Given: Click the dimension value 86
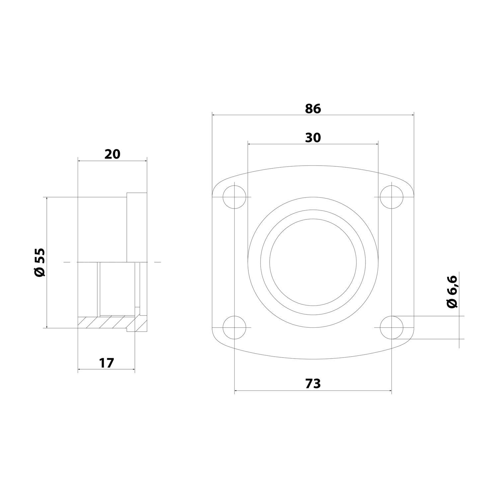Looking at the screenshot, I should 313,109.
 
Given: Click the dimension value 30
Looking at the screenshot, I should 313,137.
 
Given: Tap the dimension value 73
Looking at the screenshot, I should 313,383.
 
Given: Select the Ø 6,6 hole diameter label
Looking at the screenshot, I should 452,292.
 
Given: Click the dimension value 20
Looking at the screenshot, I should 112,154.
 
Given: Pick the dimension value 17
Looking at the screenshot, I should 106,363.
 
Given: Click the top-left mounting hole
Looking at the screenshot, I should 235,197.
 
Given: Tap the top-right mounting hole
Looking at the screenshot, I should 392,197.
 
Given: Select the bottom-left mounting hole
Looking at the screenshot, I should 235,328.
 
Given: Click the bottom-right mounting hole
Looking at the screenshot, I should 392,328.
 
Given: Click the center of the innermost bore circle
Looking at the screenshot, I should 313,262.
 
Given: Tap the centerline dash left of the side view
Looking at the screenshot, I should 67,262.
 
